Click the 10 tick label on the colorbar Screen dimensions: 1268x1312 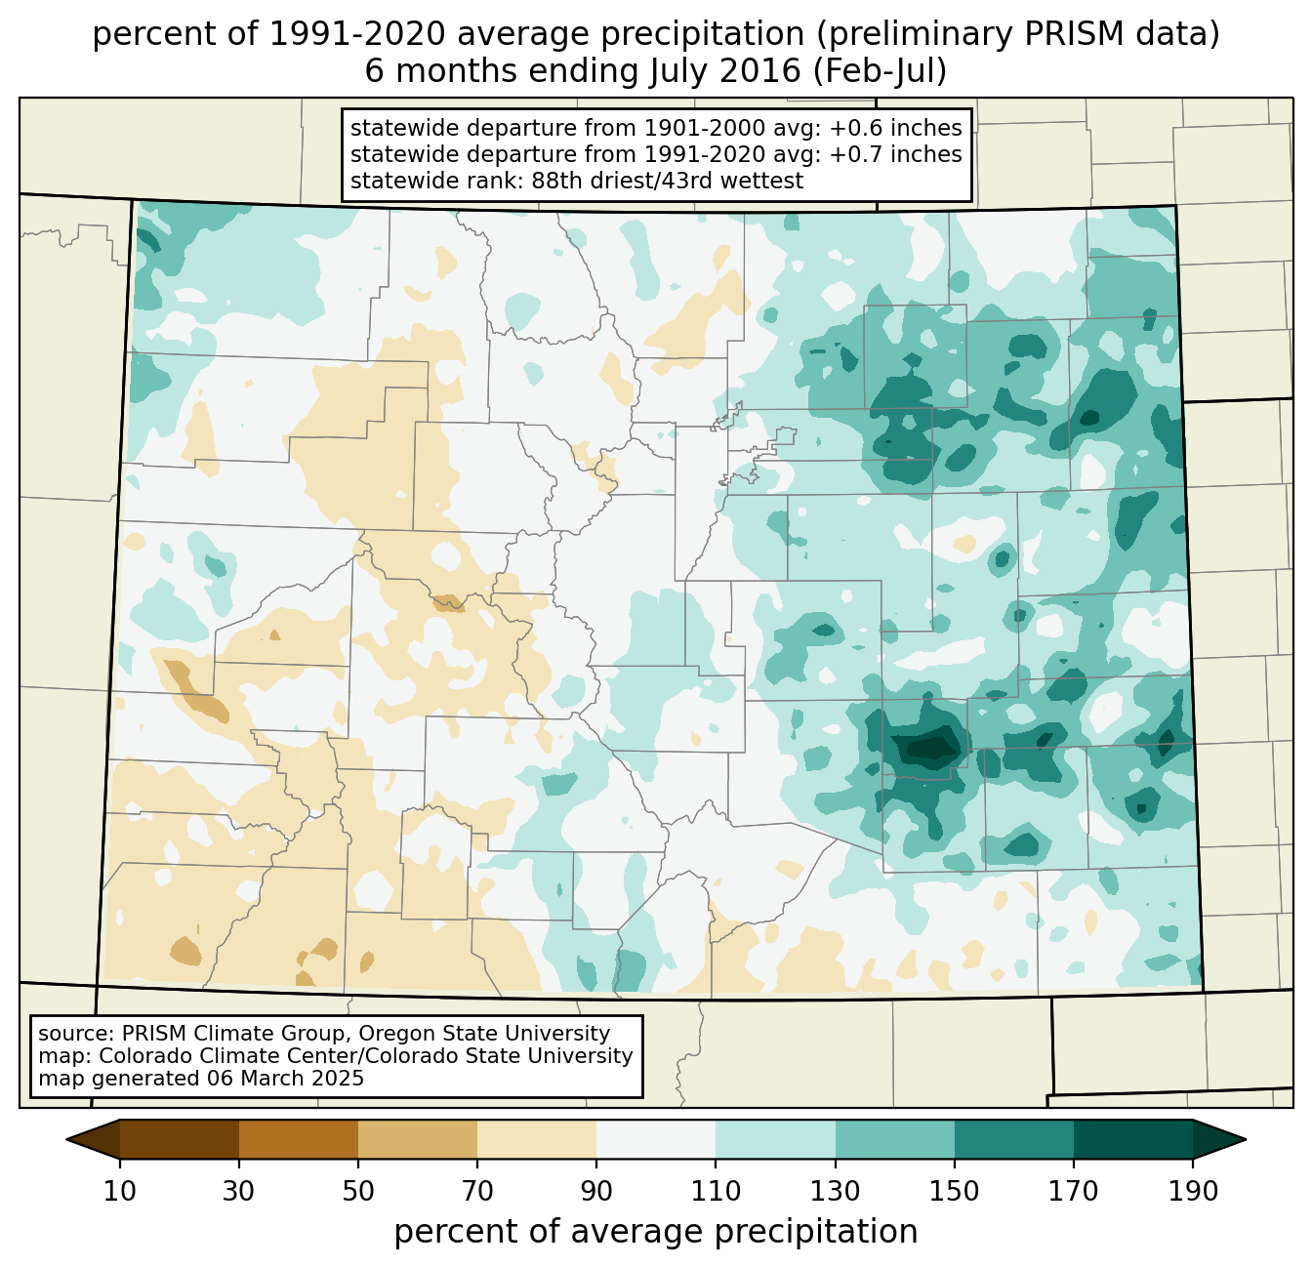click(120, 1192)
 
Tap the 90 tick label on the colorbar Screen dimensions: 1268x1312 click(596, 1192)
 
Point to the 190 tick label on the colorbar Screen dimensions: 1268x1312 click(1193, 1192)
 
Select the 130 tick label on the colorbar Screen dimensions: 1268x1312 click(836, 1192)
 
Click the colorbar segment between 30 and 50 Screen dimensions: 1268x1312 click(299, 1139)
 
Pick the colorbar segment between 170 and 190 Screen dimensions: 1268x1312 click(1133, 1139)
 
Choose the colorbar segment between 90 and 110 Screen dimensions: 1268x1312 click(656, 1139)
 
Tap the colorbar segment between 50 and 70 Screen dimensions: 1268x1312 click(418, 1139)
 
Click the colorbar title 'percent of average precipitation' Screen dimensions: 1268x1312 click(656, 1232)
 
